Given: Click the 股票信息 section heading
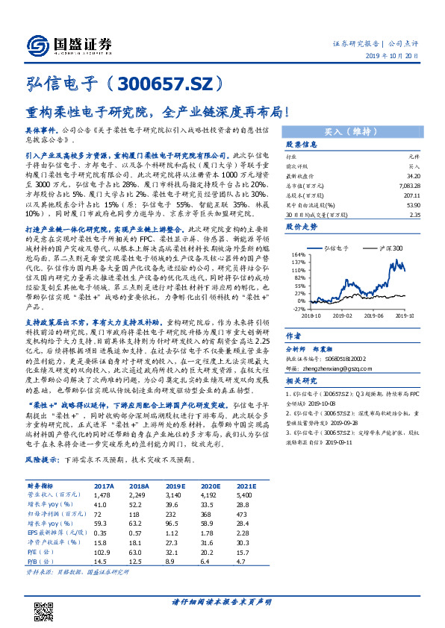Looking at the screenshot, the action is click(301, 145).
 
